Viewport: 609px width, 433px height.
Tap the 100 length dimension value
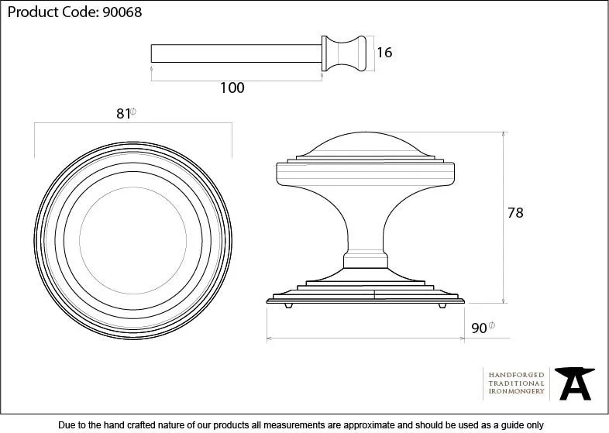[232, 88]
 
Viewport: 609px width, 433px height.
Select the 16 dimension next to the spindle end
[384, 53]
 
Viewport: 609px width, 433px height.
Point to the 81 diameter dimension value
[122, 114]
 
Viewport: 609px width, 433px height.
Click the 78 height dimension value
[514, 213]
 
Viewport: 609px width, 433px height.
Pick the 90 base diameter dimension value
[479, 328]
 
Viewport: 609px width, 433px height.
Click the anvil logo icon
[577, 383]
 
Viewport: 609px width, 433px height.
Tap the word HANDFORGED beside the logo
[516, 375]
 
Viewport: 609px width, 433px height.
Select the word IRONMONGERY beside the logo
[516, 392]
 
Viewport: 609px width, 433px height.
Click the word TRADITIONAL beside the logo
[516, 383]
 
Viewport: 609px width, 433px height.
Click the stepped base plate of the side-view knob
[365, 293]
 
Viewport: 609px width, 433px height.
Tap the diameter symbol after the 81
[134, 112]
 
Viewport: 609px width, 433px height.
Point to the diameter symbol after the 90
[492, 326]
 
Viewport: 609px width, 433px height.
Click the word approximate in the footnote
[362, 424]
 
